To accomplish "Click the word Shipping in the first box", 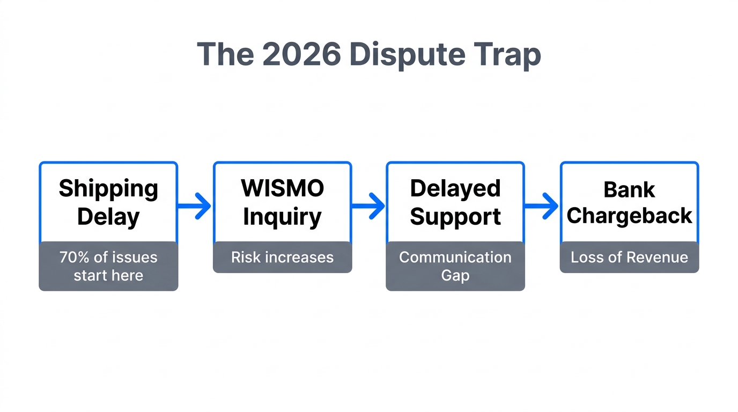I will click(x=108, y=189).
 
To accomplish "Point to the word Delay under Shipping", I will click(x=108, y=217).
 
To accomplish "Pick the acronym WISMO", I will click(x=282, y=188).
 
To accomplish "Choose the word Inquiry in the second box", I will click(x=282, y=217).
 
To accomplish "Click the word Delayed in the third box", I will click(x=455, y=188).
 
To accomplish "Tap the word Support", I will click(x=455, y=217).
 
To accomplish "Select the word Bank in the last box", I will click(x=629, y=189).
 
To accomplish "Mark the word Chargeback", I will click(x=629, y=216).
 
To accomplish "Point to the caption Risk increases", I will click(x=282, y=257).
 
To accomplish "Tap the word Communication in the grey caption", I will click(x=455, y=257).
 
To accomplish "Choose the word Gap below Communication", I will click(x=455, y=276).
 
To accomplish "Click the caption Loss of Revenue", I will click(x=629, y=257).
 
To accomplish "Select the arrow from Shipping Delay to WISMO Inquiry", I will click(x=195, y=205).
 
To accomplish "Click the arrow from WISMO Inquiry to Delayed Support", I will click(x=369, y=205).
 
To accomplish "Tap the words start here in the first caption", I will click(x=108, y=276).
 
